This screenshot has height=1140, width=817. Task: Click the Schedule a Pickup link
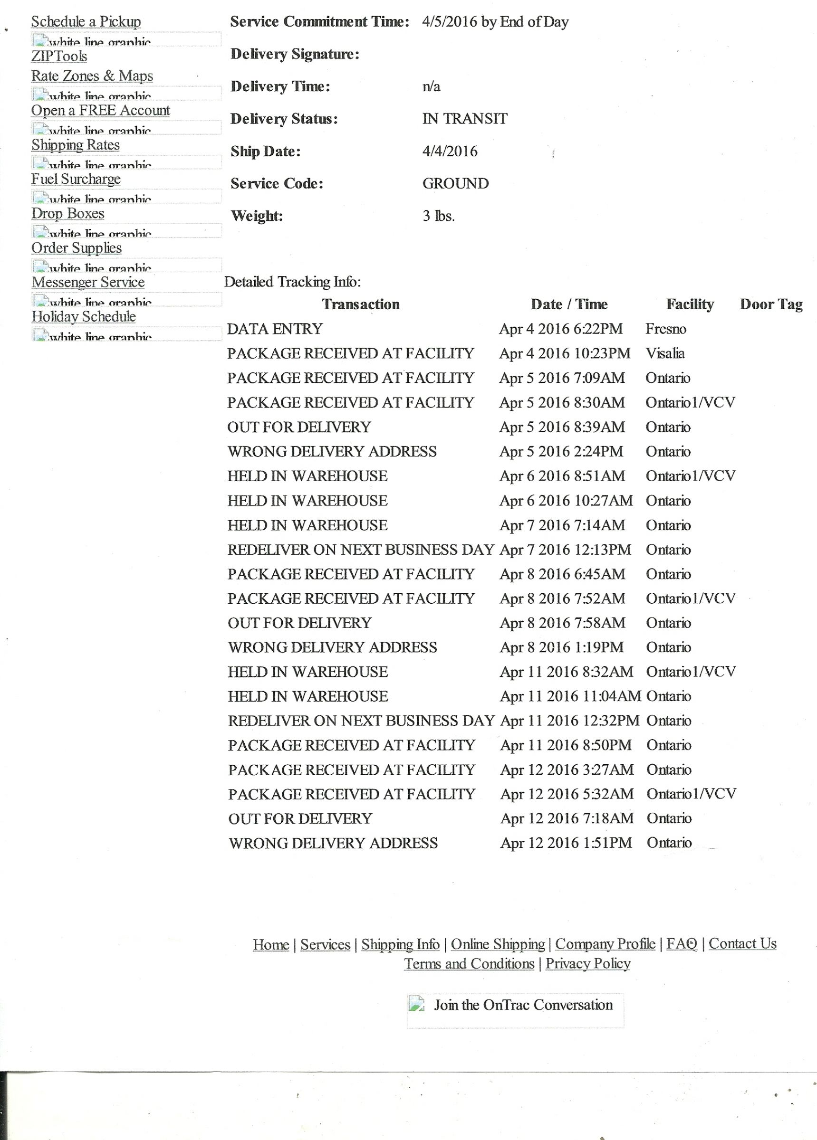coord(86,22)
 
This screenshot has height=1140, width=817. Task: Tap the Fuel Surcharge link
coord(76,179)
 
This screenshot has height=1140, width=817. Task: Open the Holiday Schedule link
coord(84,317)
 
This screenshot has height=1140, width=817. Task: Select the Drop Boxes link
coord(68,214)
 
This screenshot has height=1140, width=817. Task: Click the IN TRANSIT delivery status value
coord(464,119)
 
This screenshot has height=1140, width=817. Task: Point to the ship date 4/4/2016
coord(449,152)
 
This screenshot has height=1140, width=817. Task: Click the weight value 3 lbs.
coord(438,216)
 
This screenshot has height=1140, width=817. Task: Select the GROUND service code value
coord(455,183)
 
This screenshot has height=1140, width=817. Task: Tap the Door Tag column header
coord(771,304)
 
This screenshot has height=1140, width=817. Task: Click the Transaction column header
coord(361,304)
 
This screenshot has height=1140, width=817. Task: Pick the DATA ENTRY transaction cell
coord(275,329)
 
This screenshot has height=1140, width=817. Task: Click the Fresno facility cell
coord(665,329)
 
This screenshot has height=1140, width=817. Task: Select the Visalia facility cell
coord(664,353)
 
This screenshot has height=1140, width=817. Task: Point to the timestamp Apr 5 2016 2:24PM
coord(561,451)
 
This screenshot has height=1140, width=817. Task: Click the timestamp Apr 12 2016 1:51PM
coord(566,843)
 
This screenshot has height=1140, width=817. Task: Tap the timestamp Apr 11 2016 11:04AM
coord(570,696)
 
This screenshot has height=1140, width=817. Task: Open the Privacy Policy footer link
coord(587,964)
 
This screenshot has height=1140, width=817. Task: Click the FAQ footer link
coord(682,944)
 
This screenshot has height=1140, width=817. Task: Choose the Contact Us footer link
coord(742,944)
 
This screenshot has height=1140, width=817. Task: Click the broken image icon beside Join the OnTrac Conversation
coord(416,1004)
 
